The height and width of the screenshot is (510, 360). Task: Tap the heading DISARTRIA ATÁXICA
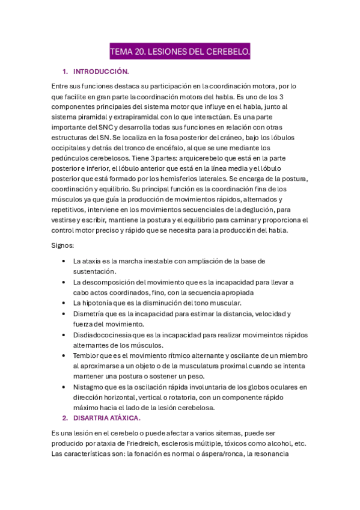[x=106, y=417]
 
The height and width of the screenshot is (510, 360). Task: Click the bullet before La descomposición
[x=64, y=283]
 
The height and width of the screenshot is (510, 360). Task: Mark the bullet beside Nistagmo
[x=64, y=387]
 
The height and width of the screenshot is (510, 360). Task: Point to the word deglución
[x=265, y=210]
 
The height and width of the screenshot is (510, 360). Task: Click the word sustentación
[x=94, y=272]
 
